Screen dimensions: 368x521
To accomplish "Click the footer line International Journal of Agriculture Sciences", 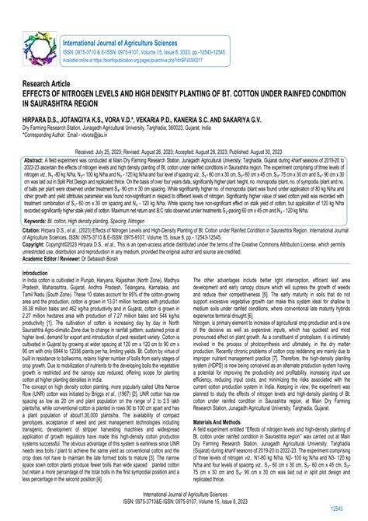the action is pos(184,494).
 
